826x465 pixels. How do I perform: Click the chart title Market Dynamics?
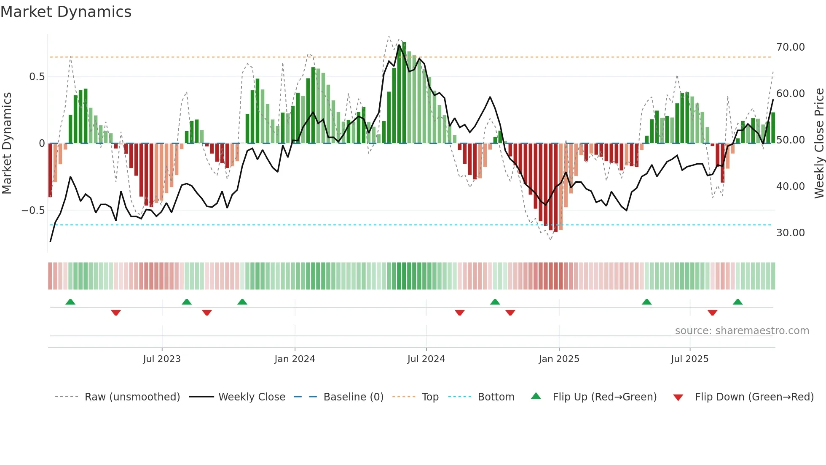pyautogui.click(x=66, y=12)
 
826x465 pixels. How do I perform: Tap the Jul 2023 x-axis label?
pyautogui.click(x=162, y=359)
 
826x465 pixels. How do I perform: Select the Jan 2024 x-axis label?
pyautogui.click(x=295, y=359)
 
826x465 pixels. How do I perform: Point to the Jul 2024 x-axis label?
pyautogui.click(x=426, y=359)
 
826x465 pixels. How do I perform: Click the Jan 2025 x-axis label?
pyautogui.click(x=559, y=359)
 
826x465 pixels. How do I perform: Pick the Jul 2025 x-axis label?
pyautogui.click(x=690, y=359)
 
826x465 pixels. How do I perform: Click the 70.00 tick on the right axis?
pyautogui.click(x=791, y=47)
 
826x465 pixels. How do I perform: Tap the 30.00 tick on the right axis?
pyautogui.click(x=791, y=233)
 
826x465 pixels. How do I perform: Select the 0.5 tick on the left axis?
pyautogui.click(x=37, y=77)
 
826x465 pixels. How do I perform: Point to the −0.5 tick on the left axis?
pyautogui.click(x=33, y=211)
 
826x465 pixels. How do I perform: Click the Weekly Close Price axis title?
pyautogui.click(x=819, y=143)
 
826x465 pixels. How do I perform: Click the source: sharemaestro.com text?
pyautogui.click(x=742, y=331)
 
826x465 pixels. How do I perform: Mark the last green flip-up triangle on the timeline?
pyautogui.click(x=737, y=302)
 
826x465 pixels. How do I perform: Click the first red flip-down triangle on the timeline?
pyautogui.click(x=116, y=312)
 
